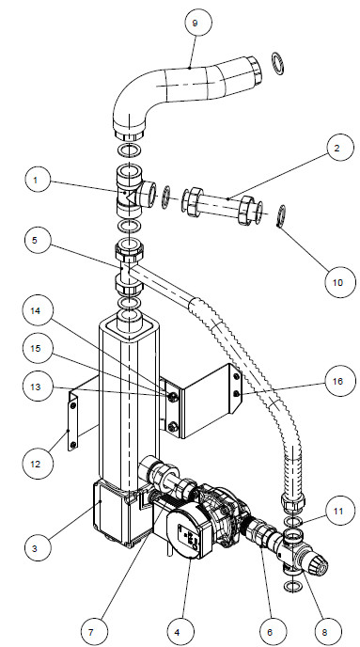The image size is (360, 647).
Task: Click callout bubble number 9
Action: (x=196, y=24)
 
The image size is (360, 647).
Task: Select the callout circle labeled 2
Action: (x=337, y=149)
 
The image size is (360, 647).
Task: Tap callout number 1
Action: (x=36, y=181)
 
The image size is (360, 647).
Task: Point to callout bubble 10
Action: (x=338, y=283)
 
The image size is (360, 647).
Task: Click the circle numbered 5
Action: (x=36, y=241)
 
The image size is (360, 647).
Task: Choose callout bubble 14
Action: (x=36, y=311)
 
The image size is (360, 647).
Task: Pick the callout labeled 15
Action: (x=36, y=349)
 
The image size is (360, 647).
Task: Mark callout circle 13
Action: (x=36, y=387)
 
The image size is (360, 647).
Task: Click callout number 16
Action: (x=338, y=382)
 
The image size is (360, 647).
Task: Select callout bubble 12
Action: (x=36, y=465)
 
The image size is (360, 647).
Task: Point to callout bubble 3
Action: (x=36, y=549)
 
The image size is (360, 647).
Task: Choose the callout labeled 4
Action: (x=178, y=632)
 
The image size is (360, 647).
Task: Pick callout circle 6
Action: (x=270, y=632)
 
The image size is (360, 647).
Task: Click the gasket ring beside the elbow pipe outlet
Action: (x=278, y=64)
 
